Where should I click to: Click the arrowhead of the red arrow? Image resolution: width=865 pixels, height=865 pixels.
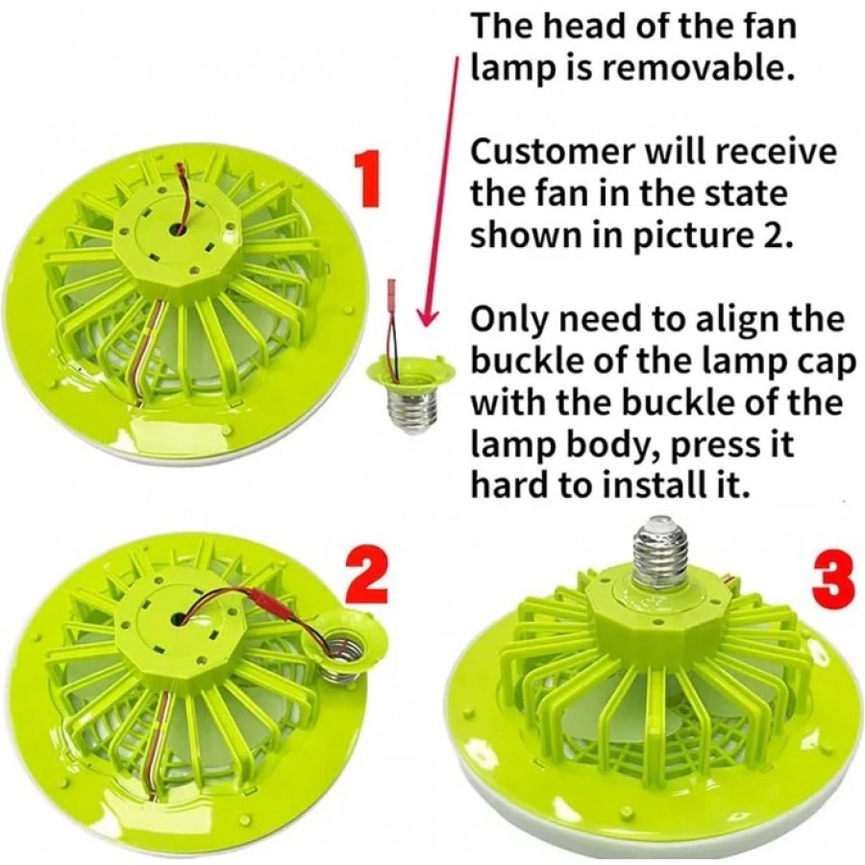[x=427, y=318]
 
